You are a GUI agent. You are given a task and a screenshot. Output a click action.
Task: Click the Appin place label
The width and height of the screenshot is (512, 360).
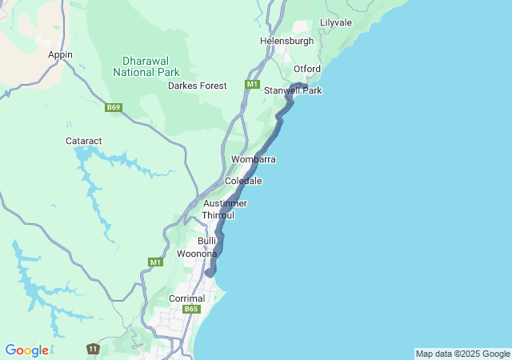(60, 54)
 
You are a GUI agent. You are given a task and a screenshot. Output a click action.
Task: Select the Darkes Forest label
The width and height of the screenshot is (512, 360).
(197, 86)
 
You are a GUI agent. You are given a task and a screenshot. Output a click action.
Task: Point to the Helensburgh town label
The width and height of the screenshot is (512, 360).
(286, 40)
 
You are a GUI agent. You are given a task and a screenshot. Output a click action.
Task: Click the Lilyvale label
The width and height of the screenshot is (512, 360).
(335, 22)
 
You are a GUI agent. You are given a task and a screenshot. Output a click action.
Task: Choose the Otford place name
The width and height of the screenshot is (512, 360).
(307, 69)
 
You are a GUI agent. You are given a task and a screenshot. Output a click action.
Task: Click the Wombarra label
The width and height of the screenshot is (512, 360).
(254, 159)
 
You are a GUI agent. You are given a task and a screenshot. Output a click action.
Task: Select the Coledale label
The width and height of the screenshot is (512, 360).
(243, 182)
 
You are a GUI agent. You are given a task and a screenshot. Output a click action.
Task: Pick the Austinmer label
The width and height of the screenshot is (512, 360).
(225, 203)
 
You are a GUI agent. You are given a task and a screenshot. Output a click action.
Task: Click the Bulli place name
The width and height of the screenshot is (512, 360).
(206, 241)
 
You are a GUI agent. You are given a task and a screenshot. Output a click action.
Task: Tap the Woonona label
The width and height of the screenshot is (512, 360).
(197, 254)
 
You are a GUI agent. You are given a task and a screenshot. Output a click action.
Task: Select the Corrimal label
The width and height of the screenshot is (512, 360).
(187, 298)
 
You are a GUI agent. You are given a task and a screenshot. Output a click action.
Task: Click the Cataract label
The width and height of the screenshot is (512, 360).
(84, 141)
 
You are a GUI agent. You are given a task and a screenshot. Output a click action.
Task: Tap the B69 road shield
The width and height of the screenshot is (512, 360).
(114, 107)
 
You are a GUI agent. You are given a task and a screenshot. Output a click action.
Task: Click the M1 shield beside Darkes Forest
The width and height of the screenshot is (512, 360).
(253, 84)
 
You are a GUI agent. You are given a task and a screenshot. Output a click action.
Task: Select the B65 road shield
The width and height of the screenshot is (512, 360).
(190, 310)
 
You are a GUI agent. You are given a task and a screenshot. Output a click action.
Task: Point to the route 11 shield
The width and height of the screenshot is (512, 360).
(93, 349)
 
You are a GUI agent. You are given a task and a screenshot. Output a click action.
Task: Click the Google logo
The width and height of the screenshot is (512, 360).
(26, 350)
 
